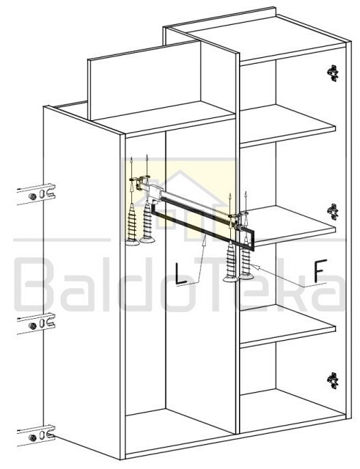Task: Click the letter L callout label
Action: pyautogui.click(x=181, y=273)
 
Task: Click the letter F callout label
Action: pyautogui.click(x=319, y=270)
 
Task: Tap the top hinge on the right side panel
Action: pyautogui.click(x=332, y=73)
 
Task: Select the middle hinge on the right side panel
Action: pyautogui.click(x=332, y=212)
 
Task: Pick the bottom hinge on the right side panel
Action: pyautogui.click(x=332, y=381)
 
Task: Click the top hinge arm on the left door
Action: pyautogui.click(x=36, y=194)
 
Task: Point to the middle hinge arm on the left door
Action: pyautogui.click(x=36, y=324)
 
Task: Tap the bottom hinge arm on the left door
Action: pyautogui.click(x=36, y=436)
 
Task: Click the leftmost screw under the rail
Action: pyautogui.click(x=132, y=224)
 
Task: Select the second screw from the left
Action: pyautogui.click(x=147, y=221)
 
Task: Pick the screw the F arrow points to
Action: pyautogui.click(x=246, y=259)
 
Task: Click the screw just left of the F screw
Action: pyautogui.click(x=230, y=262)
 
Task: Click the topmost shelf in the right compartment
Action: pyautogui.click(x=287, y=125)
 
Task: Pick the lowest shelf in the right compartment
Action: pyautogui.click(x=287, y=326)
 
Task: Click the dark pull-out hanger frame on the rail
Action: pyautogui.click(x=202, y=225)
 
